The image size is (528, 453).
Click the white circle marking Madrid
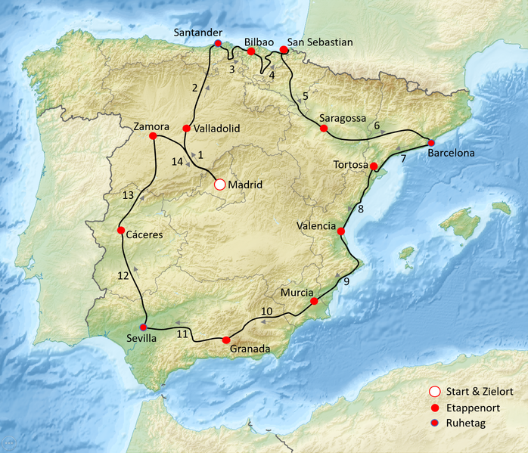(x=219, y=184)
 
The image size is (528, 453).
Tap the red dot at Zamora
(x=154, y=136)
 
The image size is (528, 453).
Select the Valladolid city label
(x=217, y=129)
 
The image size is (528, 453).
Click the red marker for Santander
(x=218, y=44)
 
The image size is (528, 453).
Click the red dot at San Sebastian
(x=284, y=50)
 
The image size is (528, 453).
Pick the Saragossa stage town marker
(x=323, y=129)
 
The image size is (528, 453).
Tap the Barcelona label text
(x=451, y=153)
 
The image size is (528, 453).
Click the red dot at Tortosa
(x=374, y=166)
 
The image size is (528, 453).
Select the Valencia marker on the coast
(x=340, y=231)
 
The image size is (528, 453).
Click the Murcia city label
(x=297, y=291)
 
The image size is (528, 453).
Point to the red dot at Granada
(x=225, y=340)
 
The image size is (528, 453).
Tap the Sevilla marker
(x=143, y=327)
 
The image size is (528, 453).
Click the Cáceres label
(x=144, y=234)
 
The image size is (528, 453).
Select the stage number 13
(x=128, y=196)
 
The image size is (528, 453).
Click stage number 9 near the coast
(x=346, y=282)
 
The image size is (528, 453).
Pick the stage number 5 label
(x=305, y=96)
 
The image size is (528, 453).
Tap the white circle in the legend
(x=433, y=391)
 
